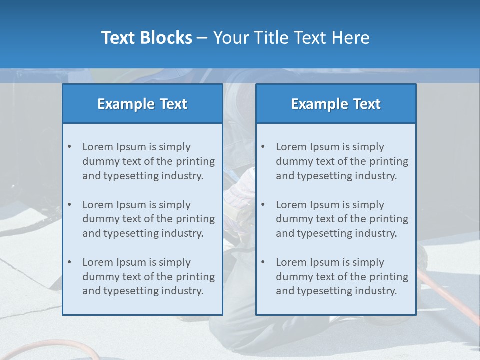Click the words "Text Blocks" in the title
tap(146, 38)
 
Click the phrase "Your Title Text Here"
tap(291, 38)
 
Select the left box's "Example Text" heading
tap(142, 104)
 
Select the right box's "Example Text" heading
tap(336, 104)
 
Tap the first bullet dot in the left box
tap(70, 147)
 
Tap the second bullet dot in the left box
tap(70, 205)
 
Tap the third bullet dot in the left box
tap(70, 262)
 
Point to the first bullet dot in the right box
tap(263, 147)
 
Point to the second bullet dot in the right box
tap(263, 205)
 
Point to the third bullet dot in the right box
tap(263, 262)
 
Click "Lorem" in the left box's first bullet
tap(98, 147)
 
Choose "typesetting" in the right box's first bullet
tap(322, 176)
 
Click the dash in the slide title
tap(202, 38)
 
